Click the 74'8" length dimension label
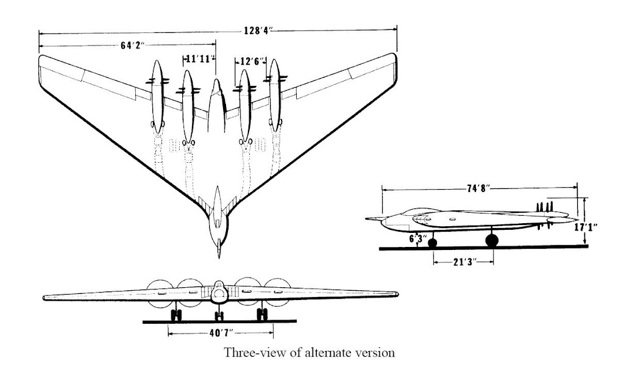tap(479, 188)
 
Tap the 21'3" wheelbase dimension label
tap(463, 262)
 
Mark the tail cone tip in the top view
tap(218, 254)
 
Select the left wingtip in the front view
tap(46, 298)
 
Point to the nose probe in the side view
tap(370, 218)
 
